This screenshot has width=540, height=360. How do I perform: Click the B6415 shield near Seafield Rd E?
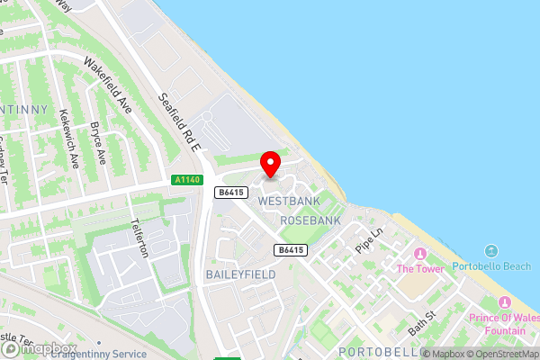pos(231,191)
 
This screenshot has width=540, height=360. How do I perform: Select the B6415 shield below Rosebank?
pos(290,249)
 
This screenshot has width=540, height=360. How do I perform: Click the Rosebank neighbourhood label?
pos(310,220)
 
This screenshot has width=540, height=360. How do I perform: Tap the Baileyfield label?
pos(239,274)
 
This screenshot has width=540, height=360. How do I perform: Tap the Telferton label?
pos(139,237)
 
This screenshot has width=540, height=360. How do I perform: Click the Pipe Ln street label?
pos(369,239)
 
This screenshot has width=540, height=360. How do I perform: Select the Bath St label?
pos(421,322)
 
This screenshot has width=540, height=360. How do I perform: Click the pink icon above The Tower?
pos(418,252)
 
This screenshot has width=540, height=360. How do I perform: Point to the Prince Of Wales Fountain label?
pos(497,324)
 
